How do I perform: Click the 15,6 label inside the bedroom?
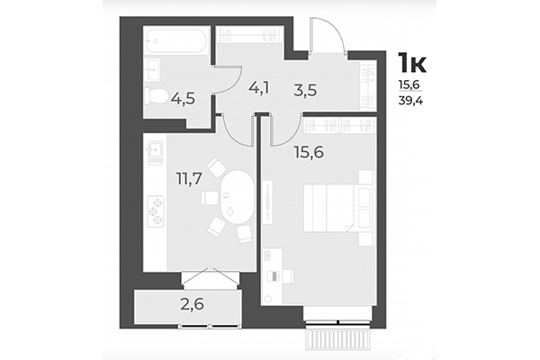(308, 154)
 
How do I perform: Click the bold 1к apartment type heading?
(413, 62)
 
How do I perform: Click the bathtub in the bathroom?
(176, 40)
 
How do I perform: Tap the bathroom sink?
(154, 68)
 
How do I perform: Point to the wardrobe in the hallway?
(367, 85)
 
